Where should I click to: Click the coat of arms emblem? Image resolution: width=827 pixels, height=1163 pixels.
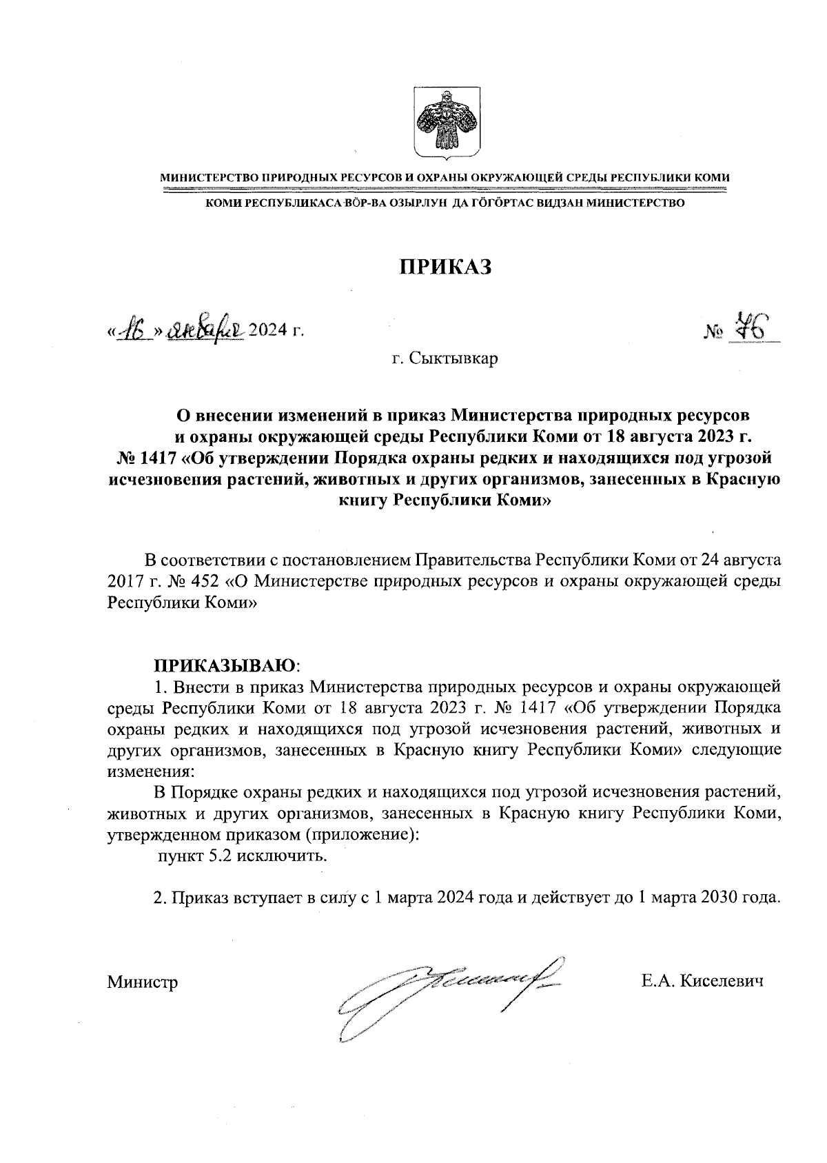click(x=447, y=121)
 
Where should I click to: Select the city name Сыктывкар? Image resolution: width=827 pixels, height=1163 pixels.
click(x=453, y=359)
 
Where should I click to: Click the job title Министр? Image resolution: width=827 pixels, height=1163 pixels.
click(x=143, y=982)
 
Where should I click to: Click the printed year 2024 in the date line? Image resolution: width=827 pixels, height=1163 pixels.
click(x=266, y=331)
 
